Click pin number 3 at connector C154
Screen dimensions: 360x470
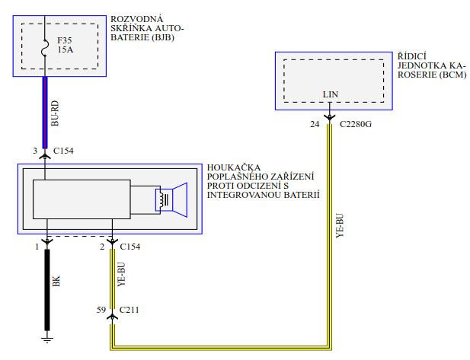click(x=34, y=151)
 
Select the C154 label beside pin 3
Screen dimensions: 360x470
click(x=62, y=151)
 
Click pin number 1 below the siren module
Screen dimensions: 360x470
click(x=36, y=247)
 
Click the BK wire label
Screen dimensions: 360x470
click(x=56, y=281)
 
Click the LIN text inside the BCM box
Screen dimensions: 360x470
click(x=329, y=94)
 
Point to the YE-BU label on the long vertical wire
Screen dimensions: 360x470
click(x=339, y=229)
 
